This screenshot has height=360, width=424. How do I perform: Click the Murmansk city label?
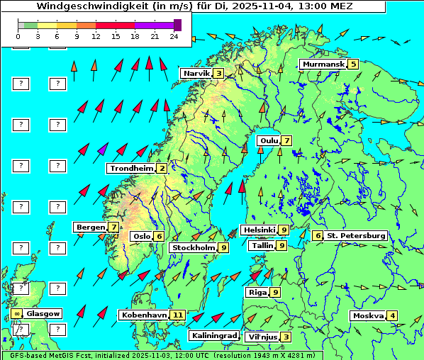323,64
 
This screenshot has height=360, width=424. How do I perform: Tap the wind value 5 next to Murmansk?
352,64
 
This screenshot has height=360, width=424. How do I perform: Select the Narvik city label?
196,73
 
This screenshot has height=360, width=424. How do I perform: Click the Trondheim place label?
131,168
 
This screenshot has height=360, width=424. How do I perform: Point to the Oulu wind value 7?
286,140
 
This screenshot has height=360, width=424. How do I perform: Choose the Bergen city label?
90,227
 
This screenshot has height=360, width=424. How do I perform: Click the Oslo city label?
141,236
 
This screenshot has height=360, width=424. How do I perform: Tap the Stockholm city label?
194,247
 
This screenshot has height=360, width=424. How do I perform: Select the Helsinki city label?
259,230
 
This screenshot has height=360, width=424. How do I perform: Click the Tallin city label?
262,245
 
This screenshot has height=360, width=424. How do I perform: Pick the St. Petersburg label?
356,235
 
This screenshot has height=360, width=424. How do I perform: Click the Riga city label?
256,292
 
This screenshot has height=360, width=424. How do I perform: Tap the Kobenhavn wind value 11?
178,315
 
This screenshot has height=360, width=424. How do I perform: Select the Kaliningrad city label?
213,335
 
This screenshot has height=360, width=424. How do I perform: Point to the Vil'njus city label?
261,337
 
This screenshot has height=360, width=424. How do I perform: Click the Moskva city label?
368,315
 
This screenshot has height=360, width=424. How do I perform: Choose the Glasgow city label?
43,313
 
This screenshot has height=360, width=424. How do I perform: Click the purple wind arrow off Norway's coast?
103,150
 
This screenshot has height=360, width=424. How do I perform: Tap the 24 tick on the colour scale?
173,36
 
